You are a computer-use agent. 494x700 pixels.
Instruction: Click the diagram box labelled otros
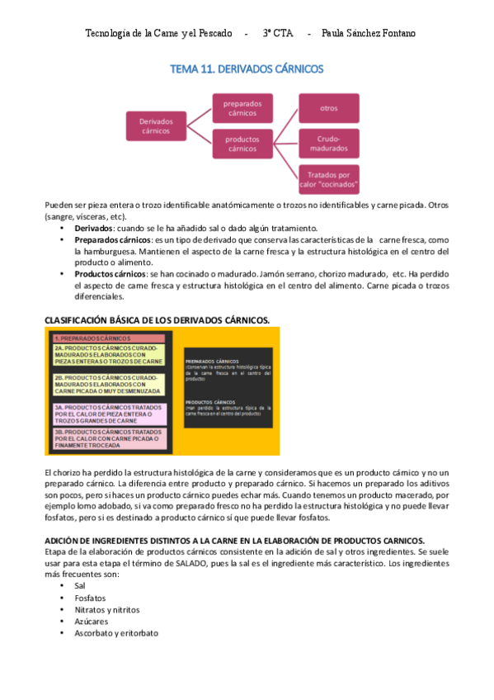pyautogui.click(x=329, y=108)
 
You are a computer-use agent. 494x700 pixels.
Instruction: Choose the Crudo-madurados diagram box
pyautogui.click(x=329, y=144)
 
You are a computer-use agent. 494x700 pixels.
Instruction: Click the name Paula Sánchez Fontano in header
pyautogui.click(x=369, y=34)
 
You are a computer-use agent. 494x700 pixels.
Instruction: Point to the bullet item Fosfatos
pyautogui.click(x=91, y=597)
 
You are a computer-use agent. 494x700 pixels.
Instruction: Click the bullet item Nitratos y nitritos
pyautogui.click(x=106, y=609)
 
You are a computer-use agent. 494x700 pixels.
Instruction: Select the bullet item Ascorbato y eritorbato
pyautogui.click(x=115, y=633)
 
